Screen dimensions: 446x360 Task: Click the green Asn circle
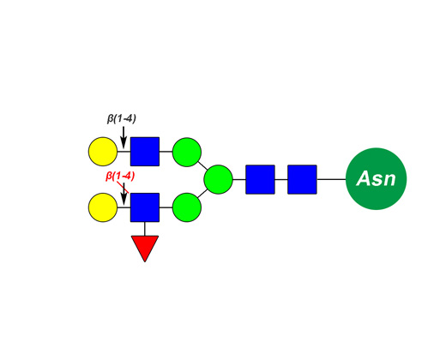coord(376,179)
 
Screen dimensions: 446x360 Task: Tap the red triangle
coord(145,247)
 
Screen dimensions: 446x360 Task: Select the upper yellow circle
coord(103,152)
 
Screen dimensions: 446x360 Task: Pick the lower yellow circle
coord(103,207)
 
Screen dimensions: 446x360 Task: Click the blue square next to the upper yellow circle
coord(145,152)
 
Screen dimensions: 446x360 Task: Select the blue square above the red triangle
coord(145,207)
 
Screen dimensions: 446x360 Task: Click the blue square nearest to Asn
coord(302,179)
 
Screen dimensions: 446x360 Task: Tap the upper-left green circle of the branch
coord(187,152)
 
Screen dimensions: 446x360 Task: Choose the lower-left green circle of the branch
coord(187,207)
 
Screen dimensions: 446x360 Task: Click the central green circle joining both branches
coord(218,179)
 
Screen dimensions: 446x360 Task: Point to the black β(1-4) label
coord(122,118)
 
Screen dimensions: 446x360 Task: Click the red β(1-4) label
coord(120,177)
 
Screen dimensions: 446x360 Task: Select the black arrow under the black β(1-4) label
coord(124,137)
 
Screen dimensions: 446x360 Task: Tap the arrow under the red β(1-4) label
coord(124,194)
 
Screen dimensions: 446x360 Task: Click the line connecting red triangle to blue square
coord(145,229)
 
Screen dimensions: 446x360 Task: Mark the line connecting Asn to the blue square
coord(331,179)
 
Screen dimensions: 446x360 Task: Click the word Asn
coord(376,178)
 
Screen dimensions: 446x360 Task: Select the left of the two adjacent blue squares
coord(260,179)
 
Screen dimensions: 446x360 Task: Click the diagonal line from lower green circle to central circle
coord(202,194)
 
